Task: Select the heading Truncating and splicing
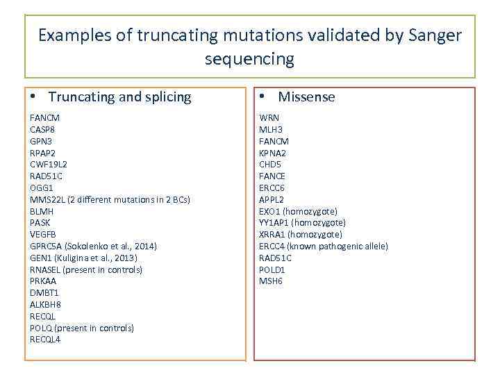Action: pos(119,97)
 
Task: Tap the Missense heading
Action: pos(306,97)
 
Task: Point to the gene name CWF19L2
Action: pos(48,164)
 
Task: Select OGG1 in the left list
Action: pos(41,187)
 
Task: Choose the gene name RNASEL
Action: pos(45,269)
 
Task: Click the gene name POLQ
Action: pos(41,328)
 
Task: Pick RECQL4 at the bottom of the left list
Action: pos(45,340)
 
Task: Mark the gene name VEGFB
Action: pos(42,234)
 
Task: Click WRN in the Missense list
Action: pos(269,117)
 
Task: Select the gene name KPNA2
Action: pos(272,153)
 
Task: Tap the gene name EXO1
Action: pos(271,211)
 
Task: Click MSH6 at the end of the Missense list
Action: pos(271,281)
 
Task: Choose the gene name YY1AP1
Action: pos(274,222)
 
